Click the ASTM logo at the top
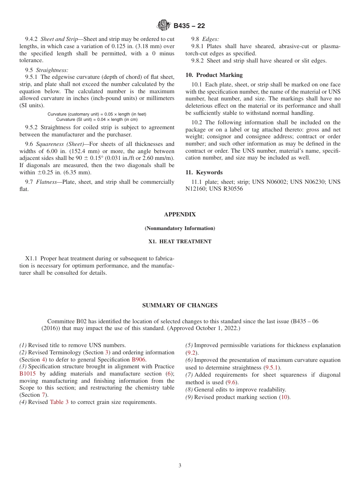pos(164,25)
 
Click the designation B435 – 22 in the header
pos(189,26)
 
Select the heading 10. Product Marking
pos(214,75)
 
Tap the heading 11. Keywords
pos(204,172)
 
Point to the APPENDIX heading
pos(180,214)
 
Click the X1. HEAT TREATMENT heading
pos(180,241)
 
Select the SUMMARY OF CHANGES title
pos(180,305)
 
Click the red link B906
pos(138,360)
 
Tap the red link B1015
pos(27,374)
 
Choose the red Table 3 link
pos(59,402)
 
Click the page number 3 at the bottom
pos(180,466)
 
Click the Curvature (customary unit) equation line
pos(97,114)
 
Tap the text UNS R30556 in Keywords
pos(226,189)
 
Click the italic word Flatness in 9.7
pos(48,182)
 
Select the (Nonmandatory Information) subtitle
pos(180,228)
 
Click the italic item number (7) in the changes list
pos(189,375)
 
